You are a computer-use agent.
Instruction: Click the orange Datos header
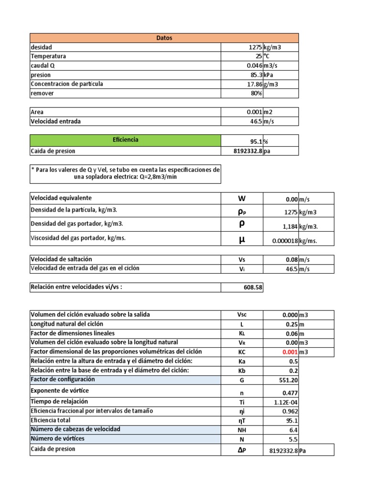point(164,38)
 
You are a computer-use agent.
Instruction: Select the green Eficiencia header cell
point(125,140)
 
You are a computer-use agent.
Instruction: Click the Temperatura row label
point(48,56)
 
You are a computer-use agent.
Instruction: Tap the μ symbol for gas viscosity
point(242,239)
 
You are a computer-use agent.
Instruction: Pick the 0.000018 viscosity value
point(285,241)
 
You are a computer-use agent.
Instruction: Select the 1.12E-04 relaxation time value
point(286,403)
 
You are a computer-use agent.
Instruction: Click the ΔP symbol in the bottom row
point(242,449)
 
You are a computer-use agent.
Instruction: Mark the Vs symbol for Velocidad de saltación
point(242,259)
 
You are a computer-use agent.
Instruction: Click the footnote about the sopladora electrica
point(125,173)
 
